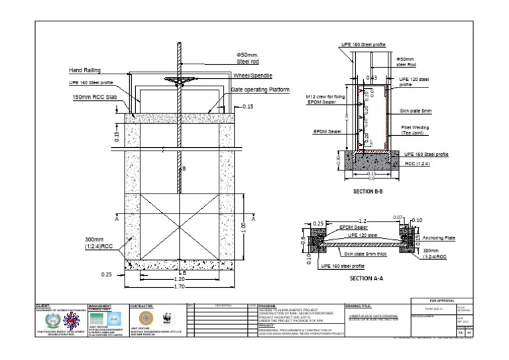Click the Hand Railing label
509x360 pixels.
(x=84, y=70)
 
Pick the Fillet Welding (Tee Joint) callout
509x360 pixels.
(x=416, y=129)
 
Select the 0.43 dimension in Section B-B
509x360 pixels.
(x=371, y=78)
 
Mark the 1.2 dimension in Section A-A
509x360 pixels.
(x=361, y=221)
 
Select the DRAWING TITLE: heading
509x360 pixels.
(x=361, y=306)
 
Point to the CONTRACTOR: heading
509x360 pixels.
(x=142, y=306)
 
